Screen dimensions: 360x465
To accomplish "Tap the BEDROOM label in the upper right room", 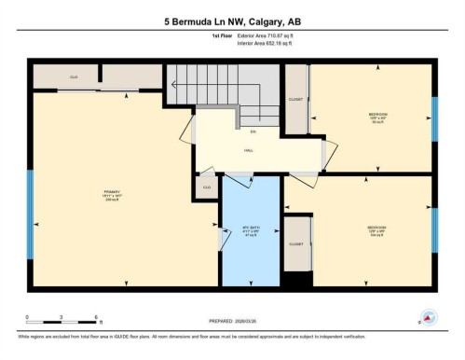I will [377, 115].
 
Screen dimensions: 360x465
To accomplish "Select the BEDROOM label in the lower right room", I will [377, 227].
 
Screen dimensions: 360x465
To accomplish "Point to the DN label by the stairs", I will [253, 132].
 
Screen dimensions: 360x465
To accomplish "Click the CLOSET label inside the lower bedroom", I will [296, 244].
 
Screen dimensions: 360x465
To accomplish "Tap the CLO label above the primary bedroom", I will [74, 76].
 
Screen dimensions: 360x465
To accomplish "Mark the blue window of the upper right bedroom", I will [434, 118].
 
